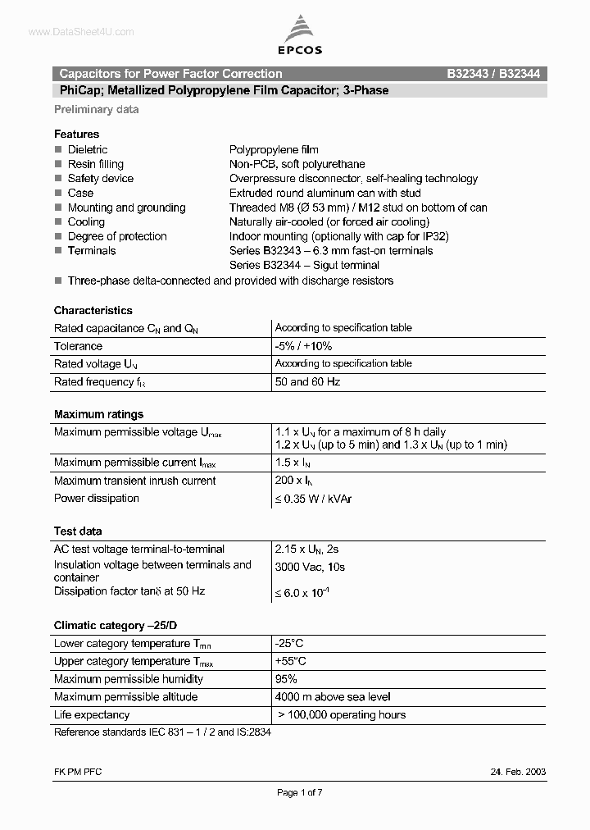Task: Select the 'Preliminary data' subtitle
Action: pyautogui.click(x=97, y=109)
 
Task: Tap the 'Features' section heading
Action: pyautogui.click(x=76, y=134)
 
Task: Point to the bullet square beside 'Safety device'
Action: pyautogui.click(x=58, y=179)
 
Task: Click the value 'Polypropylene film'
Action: pyautogui.click(x=274, y=150)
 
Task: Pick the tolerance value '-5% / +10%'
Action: pyautogui.click(x=303, y=346)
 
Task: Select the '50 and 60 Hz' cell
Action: pyautogui.click(x=307, y=381)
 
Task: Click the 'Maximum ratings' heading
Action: pyautogui.click(x=98, y=414)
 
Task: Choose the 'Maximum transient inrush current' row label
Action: pyautogui.click(x=135, y=481)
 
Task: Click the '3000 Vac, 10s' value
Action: pyautogui.click(x=311, y=567)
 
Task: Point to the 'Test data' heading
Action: pyautogui.click(x=78, y=531)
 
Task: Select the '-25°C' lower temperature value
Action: pyautogui.click(x=289, y=644)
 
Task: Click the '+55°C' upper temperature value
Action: pyautogui.click(x=291, y=661)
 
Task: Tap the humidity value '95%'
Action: pyautogui.click(x=286, y=679)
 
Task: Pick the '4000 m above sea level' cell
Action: pyautogui.click(x=333, y=697)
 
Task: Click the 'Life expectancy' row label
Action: pyautogui.click(x=92, y=714)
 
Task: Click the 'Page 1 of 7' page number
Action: pyautogui.click(x=302, y=792)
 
